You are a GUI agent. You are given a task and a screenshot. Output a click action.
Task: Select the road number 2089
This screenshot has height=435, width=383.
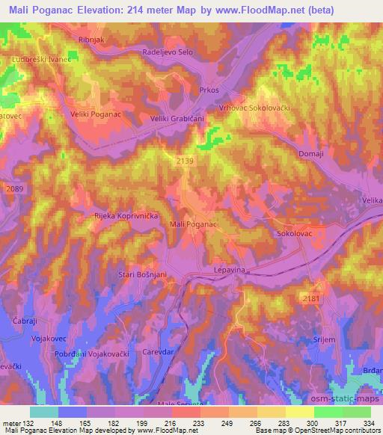13,190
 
